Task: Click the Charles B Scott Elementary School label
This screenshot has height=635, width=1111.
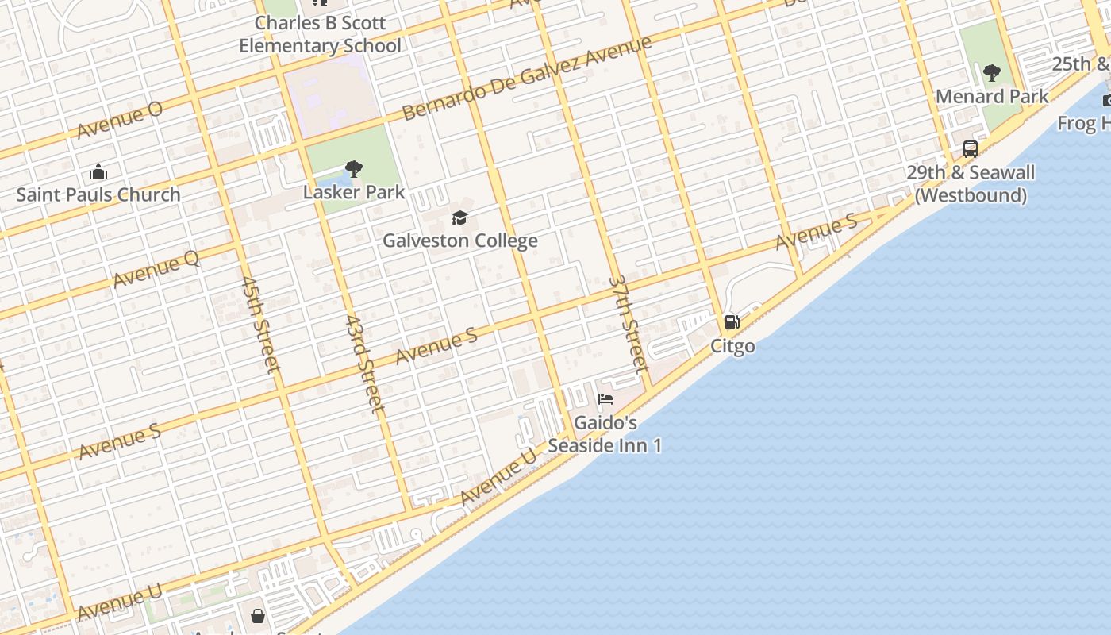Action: click(321, 34)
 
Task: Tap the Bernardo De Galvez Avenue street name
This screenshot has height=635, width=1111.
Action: click(526, 78)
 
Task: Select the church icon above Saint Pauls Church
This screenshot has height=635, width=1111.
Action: click(98, 171)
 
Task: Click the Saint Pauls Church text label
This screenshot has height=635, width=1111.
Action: click(98, 194)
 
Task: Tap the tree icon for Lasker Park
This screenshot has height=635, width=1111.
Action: click(354, 168)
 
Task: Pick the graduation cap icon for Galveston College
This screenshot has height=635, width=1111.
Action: click(459, 217)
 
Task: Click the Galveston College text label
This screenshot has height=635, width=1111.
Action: click(460, 241)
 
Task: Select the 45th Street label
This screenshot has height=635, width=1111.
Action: click(260, 324)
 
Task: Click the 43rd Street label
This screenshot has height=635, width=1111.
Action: click(365, 363)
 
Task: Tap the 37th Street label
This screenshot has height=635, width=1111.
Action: click(629, 324)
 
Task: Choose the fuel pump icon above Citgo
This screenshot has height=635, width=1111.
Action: click(732, 322)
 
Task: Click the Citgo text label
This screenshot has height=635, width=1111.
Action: click(732, 346)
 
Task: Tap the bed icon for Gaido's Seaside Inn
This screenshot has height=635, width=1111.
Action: click(605, 399)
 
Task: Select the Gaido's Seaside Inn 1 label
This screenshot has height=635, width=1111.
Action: click(605, 434)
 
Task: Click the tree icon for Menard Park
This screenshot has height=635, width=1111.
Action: click(991, 73)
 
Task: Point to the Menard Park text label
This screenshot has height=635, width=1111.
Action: click(992, 97)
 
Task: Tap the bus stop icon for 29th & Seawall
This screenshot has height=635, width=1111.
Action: click(970, 148)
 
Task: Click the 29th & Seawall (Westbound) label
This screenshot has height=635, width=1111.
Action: click(971, 184)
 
